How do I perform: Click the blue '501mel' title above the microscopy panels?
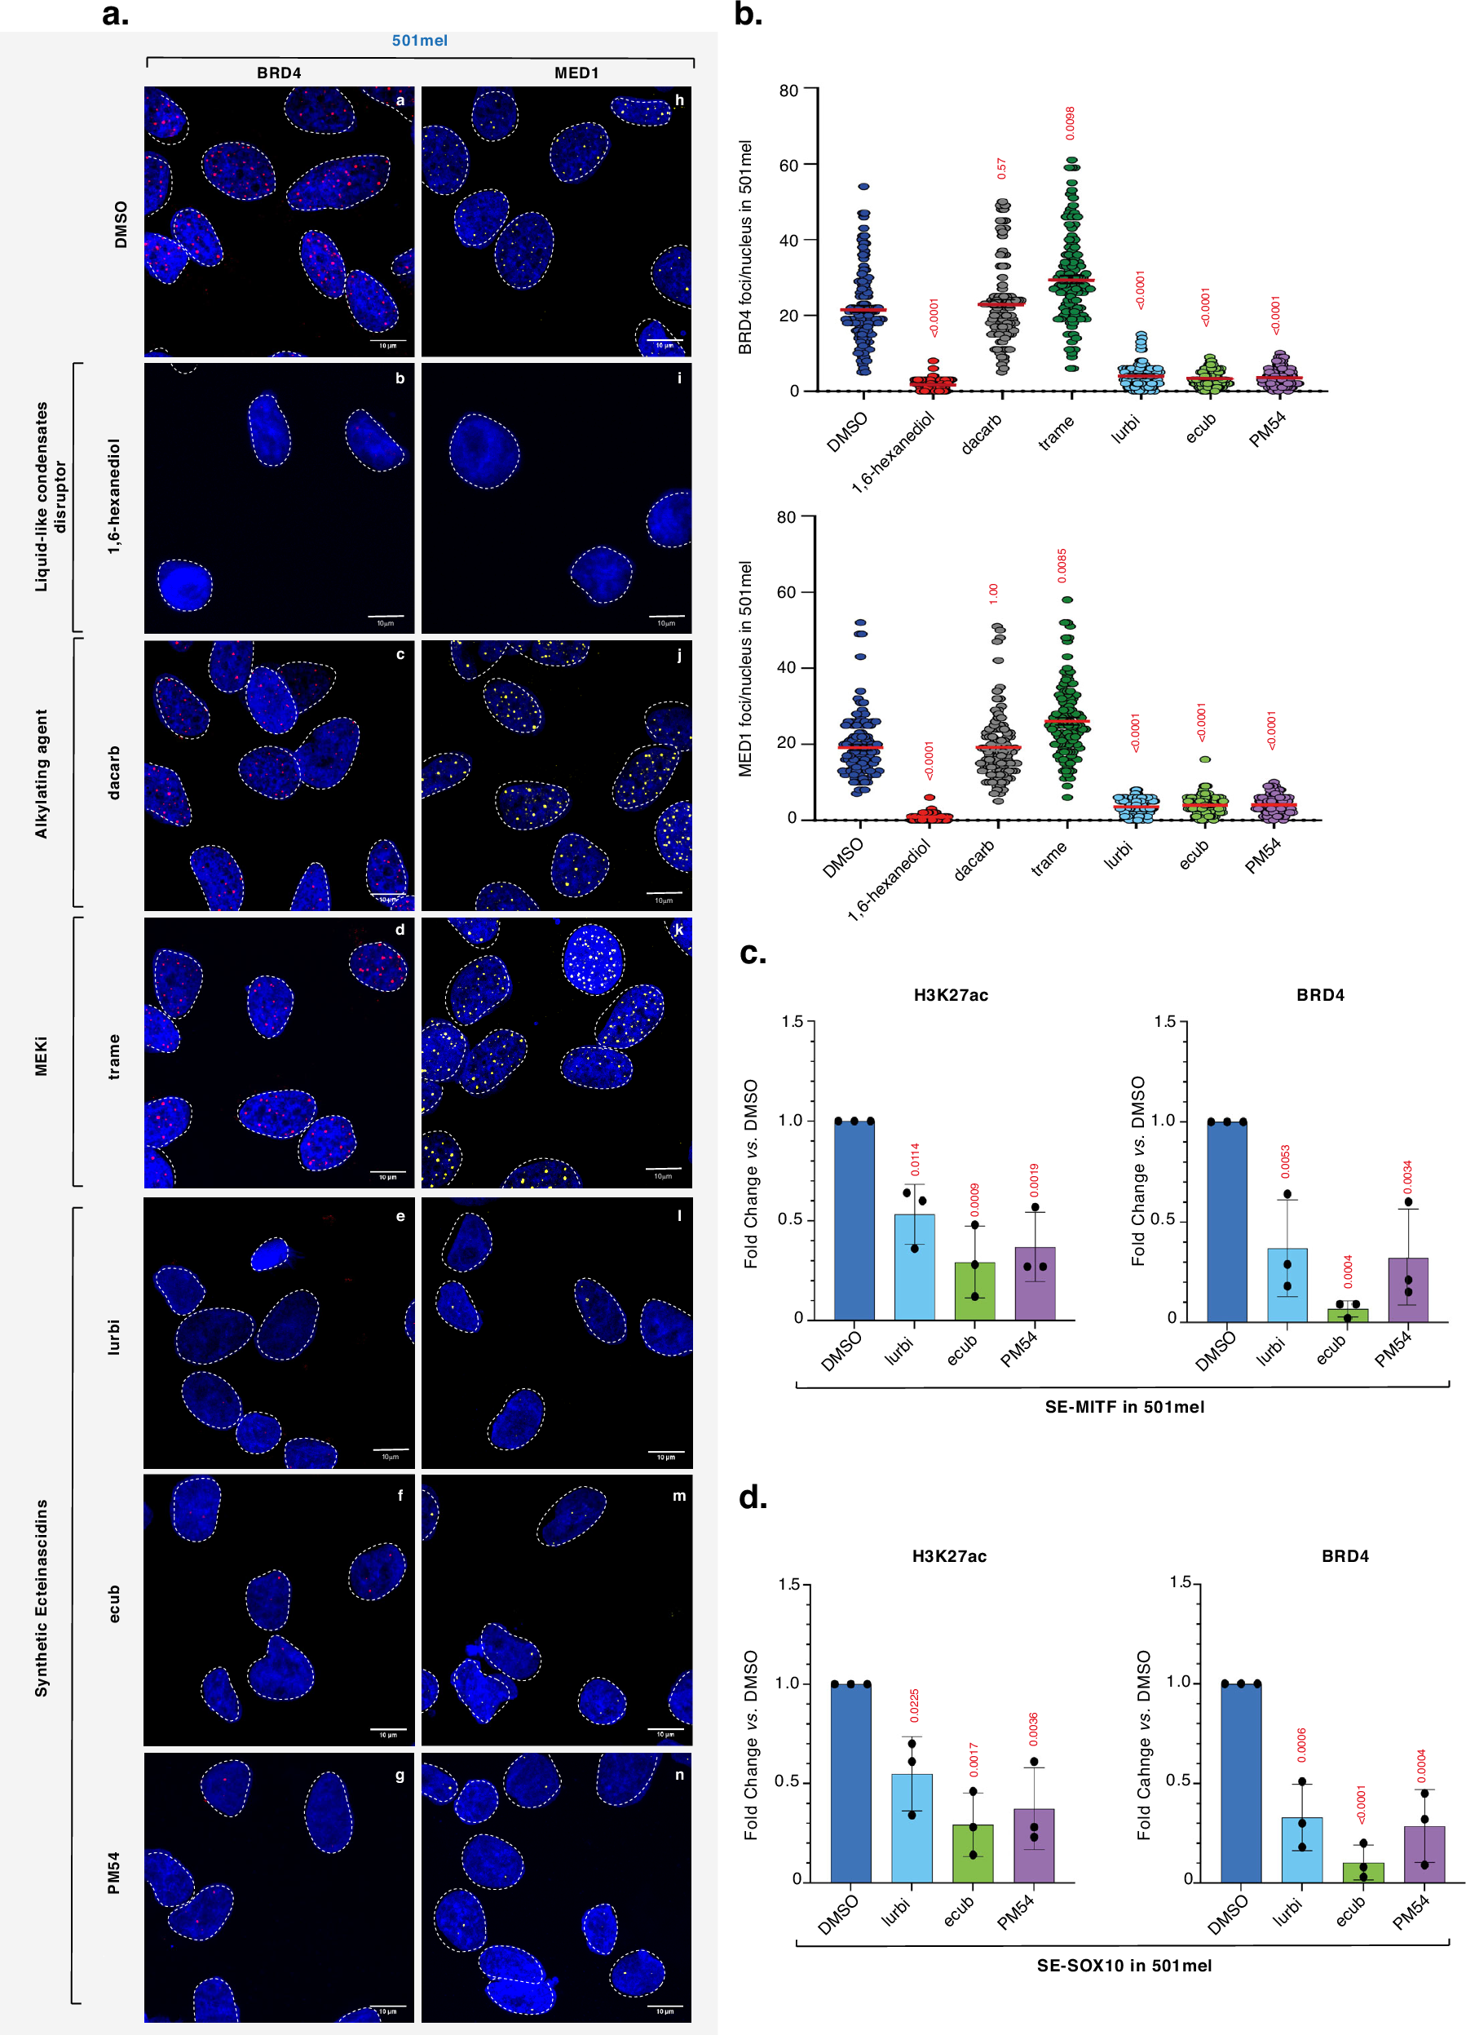tap(419, 41)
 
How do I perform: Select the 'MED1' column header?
tap(576, 73)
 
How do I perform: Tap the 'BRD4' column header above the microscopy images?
tap(279, 73)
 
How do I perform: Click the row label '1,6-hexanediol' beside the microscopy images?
tap(114, 496)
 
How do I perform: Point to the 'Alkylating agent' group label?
tap(42, 773)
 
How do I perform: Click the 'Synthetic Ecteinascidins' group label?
tap(42, 1597)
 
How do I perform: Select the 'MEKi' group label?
tap(42, 1056)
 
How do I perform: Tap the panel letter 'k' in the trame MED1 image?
tap(679, 930)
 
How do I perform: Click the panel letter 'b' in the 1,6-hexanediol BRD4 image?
tap(400, 378)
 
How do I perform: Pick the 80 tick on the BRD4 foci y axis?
tap(788, 91)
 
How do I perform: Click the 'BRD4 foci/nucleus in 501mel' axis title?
tap(745, 247)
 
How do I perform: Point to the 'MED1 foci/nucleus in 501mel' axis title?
tap(745, 669)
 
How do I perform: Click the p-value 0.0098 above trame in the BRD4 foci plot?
tap(1070, 123)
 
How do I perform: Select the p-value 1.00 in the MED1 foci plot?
tap(993, 592)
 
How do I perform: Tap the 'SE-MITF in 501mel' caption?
tap(1124, 1407)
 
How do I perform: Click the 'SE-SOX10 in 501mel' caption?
tap(1124, 1965)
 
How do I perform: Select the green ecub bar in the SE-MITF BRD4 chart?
tap(1348, 1315)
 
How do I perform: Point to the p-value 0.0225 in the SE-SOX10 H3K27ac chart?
tap(914, 1705)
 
